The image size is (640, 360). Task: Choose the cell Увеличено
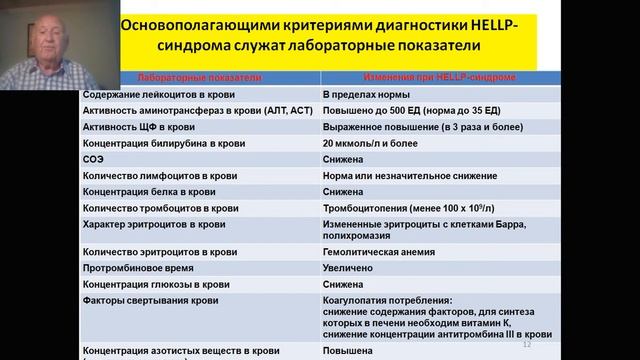click(349, 268)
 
